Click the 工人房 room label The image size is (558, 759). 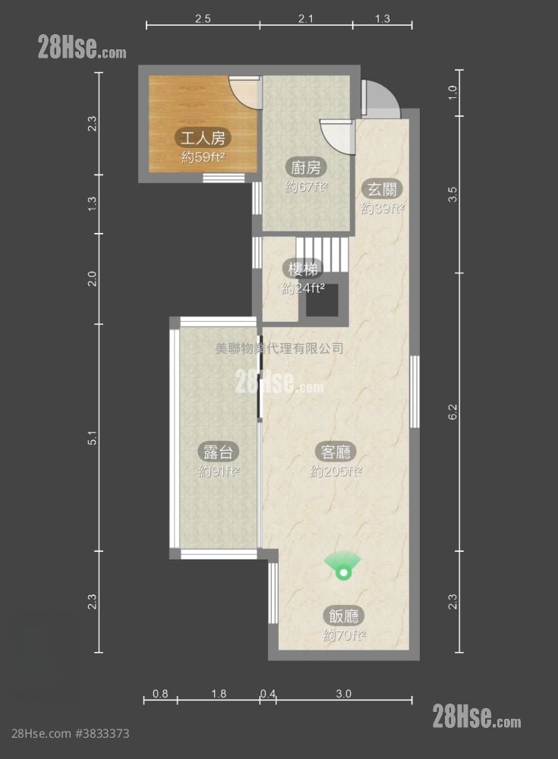pos(203,138)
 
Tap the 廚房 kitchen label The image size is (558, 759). pos(306,168)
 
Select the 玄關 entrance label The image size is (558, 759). pos(382,189)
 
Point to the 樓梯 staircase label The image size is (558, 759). pos(303,269)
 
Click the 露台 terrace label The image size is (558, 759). pos(219,452)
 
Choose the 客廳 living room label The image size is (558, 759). pos(336,452)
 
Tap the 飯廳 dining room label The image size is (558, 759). pos(344,616)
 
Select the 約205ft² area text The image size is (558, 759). pos(336,471)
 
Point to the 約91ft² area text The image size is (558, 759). pos(219,471)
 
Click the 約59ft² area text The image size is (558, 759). pos(203,157)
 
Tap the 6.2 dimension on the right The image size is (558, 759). pos(453,411)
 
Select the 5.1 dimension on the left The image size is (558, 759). pos(92,438)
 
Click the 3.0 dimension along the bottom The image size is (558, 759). pos(343,694)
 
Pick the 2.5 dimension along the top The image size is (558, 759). pos(203,19)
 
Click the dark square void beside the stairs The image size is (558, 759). pos(322,300)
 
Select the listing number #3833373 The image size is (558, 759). pos(102,733)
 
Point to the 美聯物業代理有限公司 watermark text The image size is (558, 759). pos(279,348)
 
